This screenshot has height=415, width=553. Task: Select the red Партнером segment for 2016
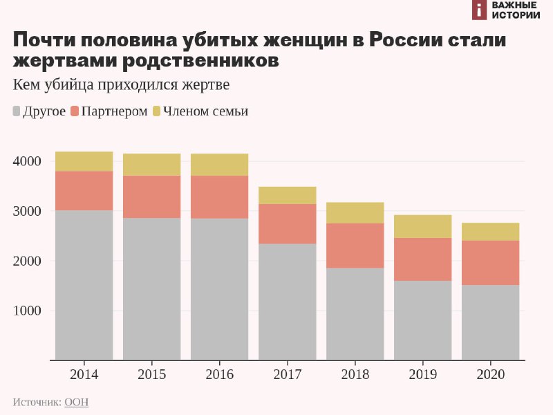(219, 197)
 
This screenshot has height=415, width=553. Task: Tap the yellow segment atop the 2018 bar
(355, 212)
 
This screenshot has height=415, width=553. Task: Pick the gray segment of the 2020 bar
(490, 322)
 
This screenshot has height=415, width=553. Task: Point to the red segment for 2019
(422, 259)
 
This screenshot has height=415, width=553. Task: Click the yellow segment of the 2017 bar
(287, 195)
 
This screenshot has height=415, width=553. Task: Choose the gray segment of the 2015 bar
(151, 289)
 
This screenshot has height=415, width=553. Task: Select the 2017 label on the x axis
(287, 375)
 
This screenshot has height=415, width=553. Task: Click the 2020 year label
(490, 375)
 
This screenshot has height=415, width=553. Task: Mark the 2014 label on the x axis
(84, 375)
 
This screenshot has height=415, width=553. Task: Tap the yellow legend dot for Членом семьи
(156, 111)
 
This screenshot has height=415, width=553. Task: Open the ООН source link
(76, 402)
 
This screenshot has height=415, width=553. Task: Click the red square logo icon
(479, 9)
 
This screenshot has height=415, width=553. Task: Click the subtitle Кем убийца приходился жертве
(121, 85)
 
